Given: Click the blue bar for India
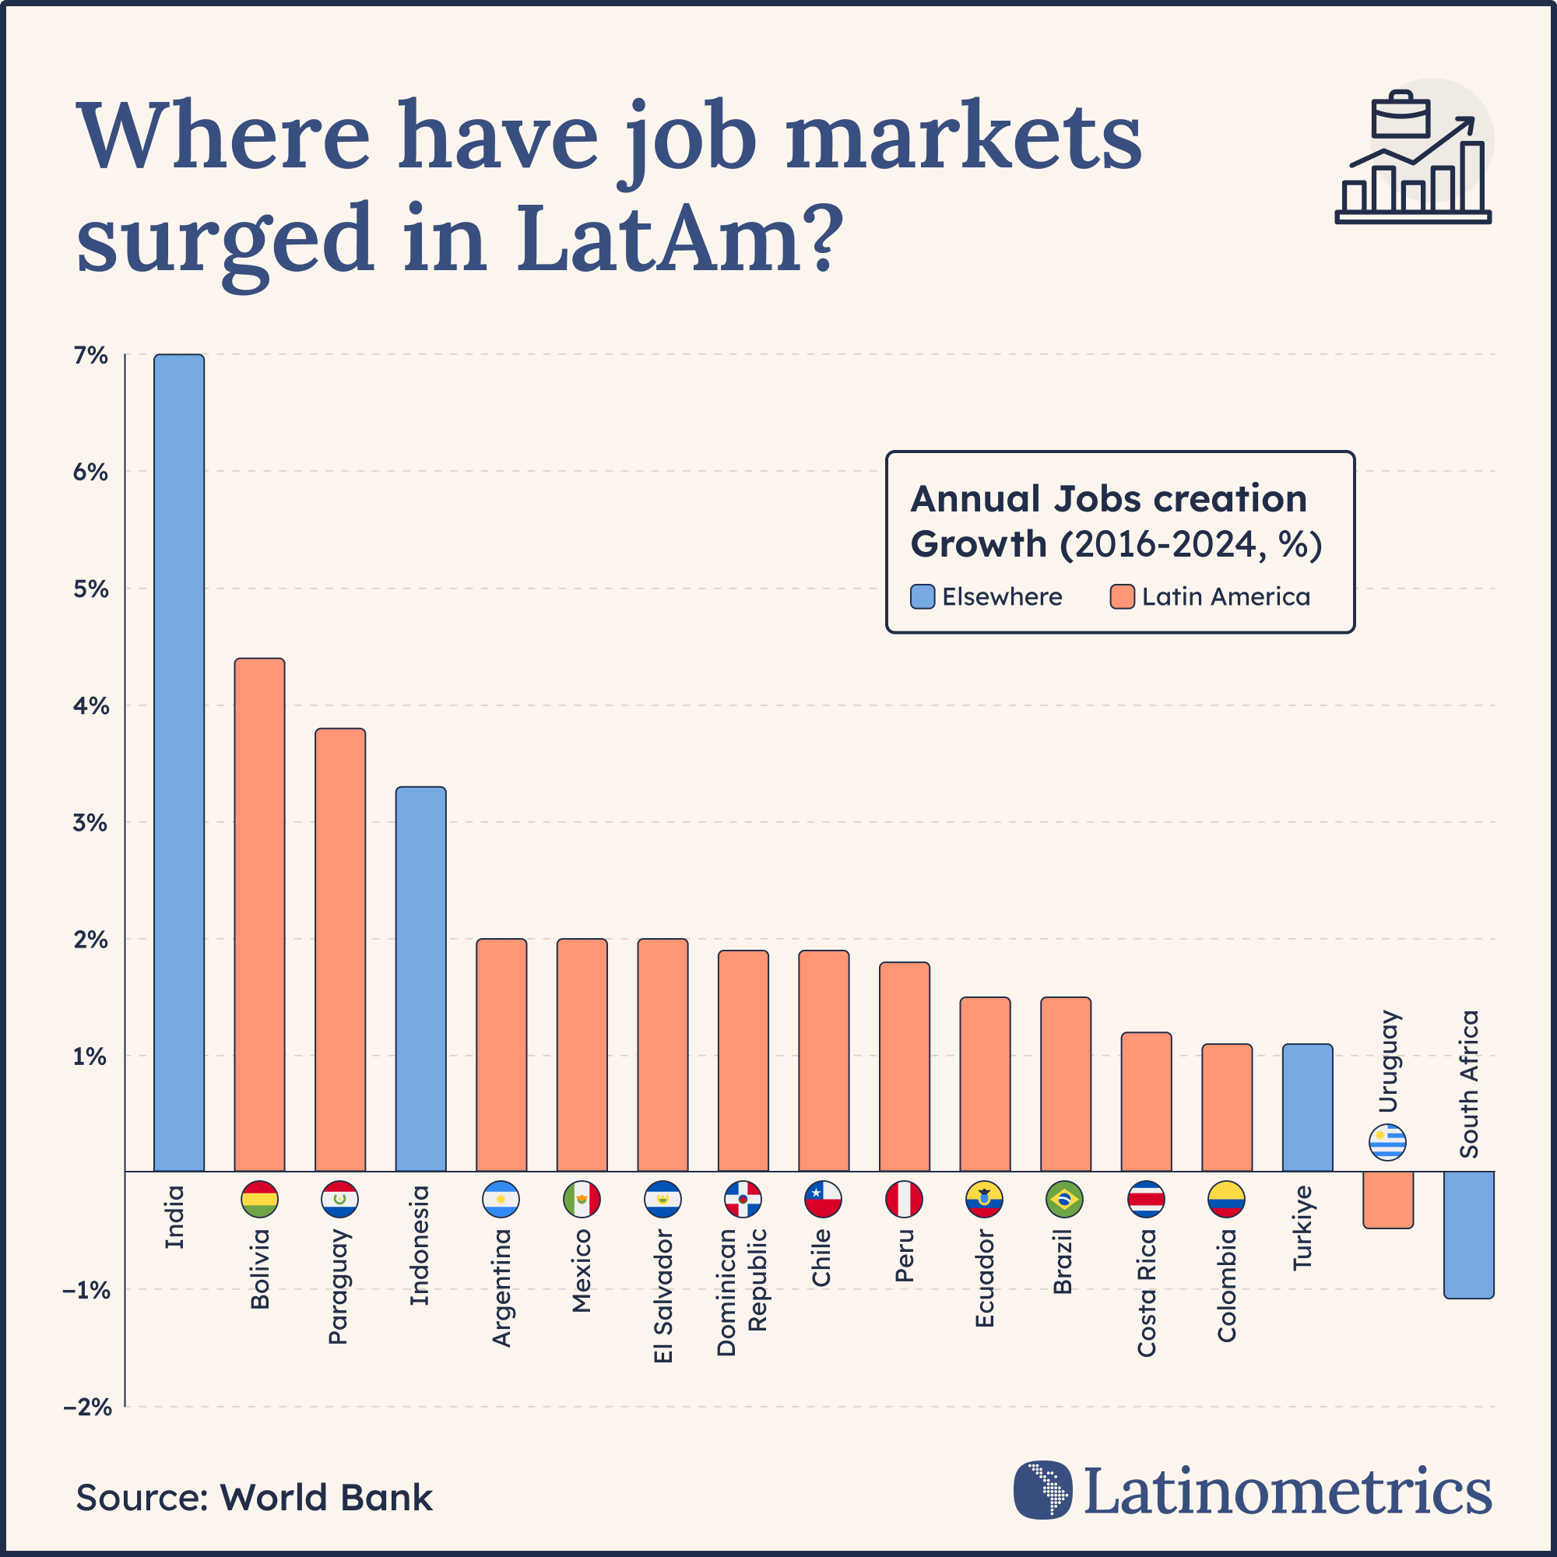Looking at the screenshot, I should pos(179,762).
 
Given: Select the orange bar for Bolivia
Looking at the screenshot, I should pos(259,915).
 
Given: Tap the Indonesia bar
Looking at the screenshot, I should pos(420,979).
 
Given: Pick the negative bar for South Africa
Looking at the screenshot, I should pos(1468,1235).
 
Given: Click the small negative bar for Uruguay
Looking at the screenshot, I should pos(1388,1199).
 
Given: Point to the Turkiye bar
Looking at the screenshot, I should pos(1307,1107).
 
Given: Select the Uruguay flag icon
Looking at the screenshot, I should pos(1387,1142).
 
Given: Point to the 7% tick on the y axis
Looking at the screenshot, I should pos(91,356).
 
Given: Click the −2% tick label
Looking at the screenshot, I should pos(88,1407).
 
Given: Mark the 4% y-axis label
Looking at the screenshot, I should pos(91,707).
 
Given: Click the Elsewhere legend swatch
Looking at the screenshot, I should pos(923,596).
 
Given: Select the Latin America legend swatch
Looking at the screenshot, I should pos(1122,596).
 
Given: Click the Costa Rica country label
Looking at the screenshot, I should pos(1146,1292).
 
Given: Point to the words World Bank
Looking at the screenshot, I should pos(326,1497).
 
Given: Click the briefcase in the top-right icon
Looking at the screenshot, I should pos(1401,115).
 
